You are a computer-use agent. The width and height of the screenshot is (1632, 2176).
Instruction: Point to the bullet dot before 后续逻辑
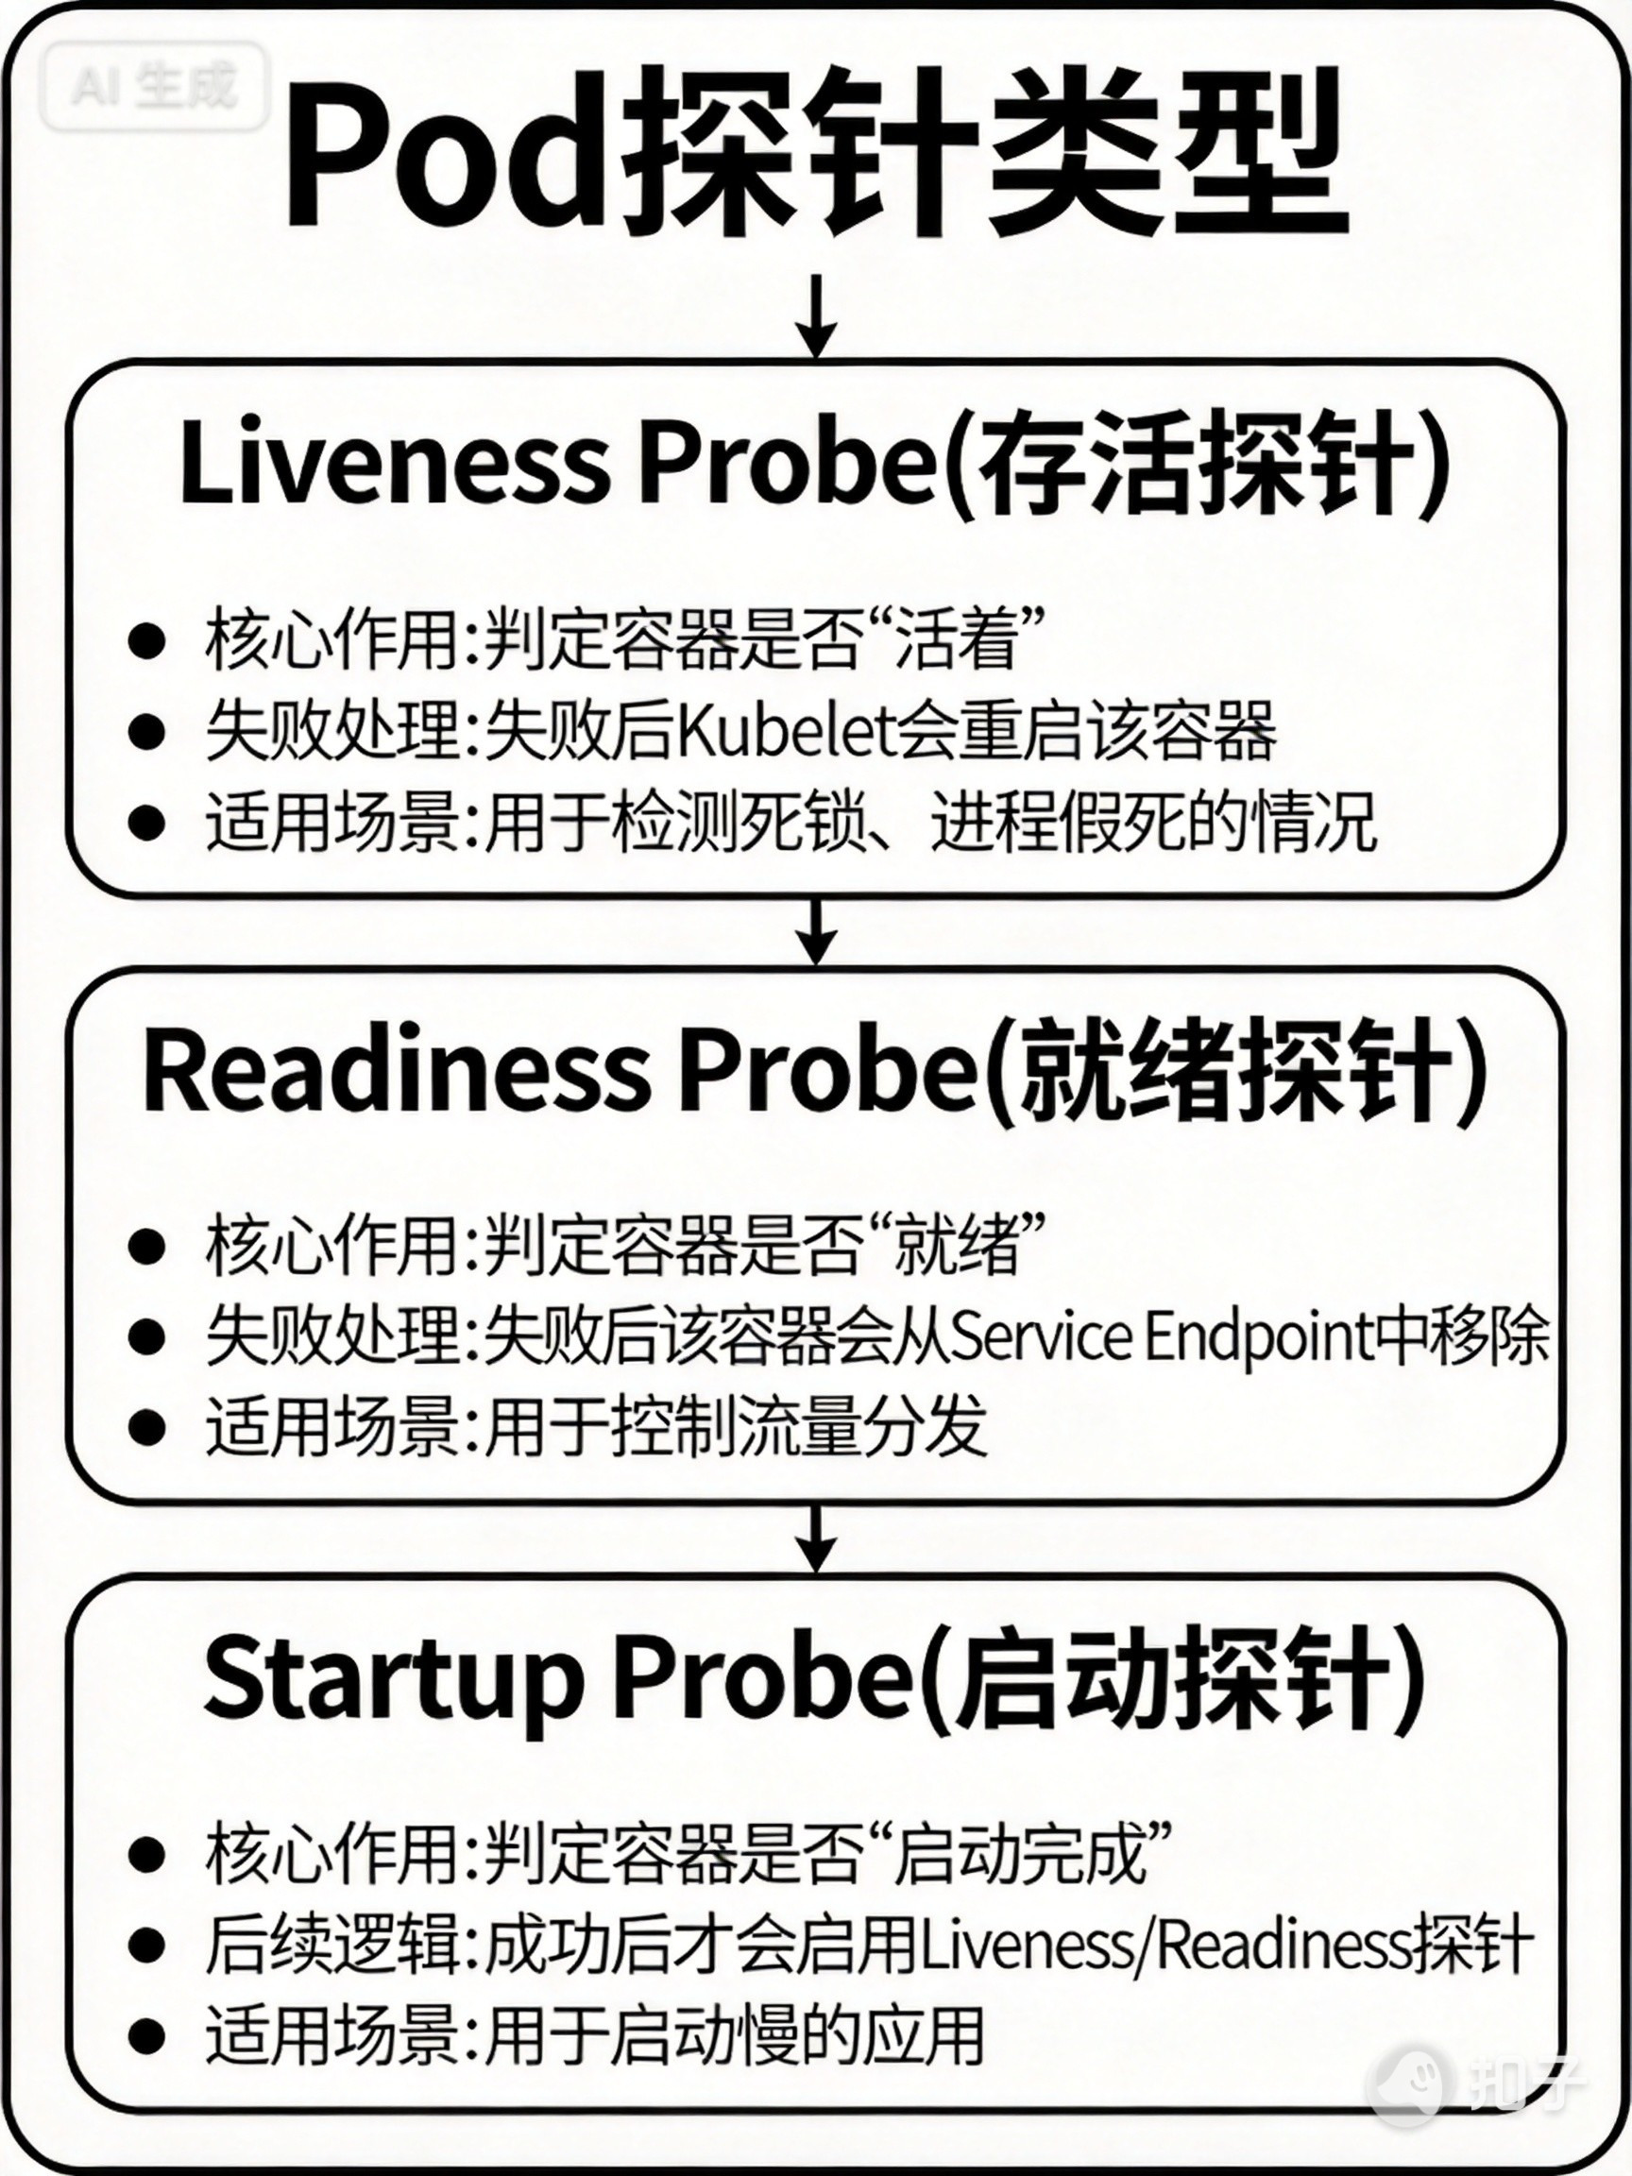(145, 1943)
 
